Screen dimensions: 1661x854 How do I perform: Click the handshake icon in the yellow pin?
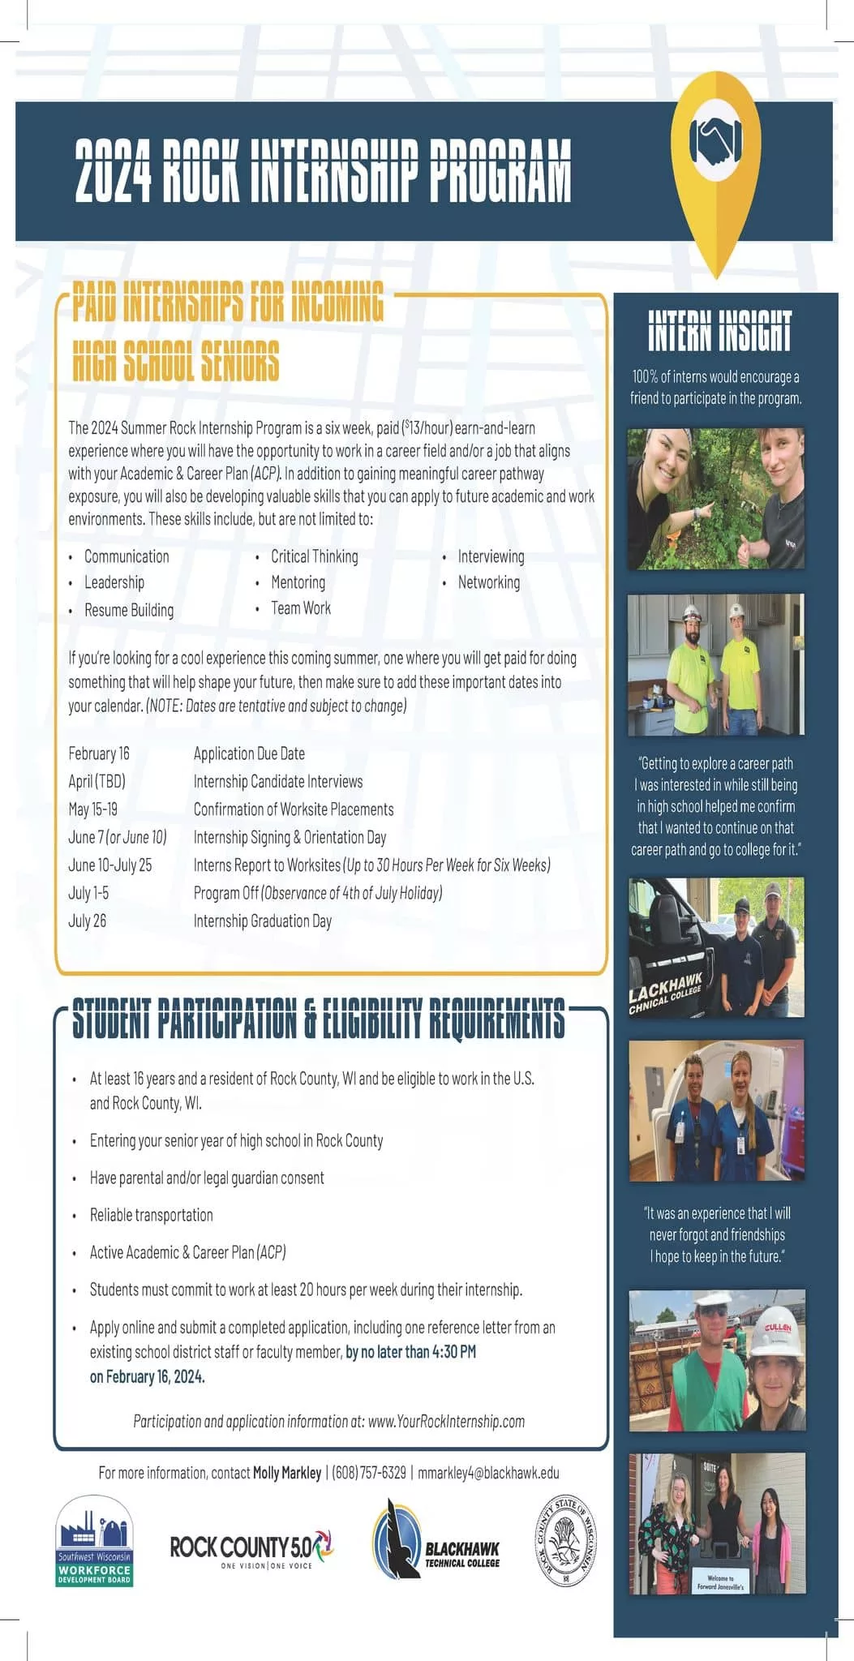pos(715,139)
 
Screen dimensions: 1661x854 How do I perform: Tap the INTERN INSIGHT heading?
pos(719,331)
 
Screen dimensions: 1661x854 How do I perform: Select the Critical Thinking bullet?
pos(314,556)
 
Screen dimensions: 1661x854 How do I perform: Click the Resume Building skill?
pos(129,610)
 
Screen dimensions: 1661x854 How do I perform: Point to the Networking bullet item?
pos(488,582)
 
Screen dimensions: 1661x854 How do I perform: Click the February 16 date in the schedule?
pos(99,753)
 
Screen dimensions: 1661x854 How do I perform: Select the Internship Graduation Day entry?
pos(262,921)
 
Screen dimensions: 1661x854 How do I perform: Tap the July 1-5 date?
pos(88,893)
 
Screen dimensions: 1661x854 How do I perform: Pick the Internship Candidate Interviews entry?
pos(277,782)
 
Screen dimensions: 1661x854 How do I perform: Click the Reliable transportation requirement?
pos(151,1215)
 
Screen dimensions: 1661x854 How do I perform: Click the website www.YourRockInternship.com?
pos(446,1421)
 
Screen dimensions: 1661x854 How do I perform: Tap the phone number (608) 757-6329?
pos(369,1472)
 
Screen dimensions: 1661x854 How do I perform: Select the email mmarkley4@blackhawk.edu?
pos(488,1472)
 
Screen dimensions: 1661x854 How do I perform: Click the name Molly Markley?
pos(287,1472)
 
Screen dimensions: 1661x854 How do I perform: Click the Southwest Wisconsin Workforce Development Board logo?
pos(94,1540)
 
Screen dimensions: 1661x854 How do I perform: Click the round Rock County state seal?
pos(567,1540)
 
